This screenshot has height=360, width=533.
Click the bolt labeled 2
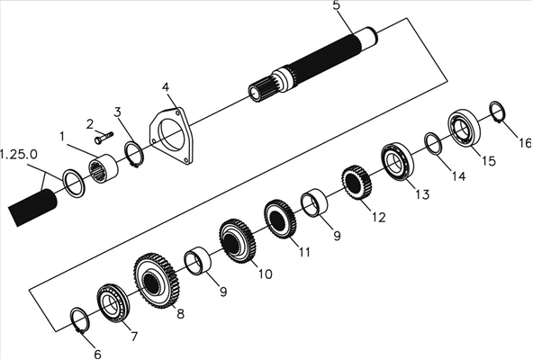click(104, 138)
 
